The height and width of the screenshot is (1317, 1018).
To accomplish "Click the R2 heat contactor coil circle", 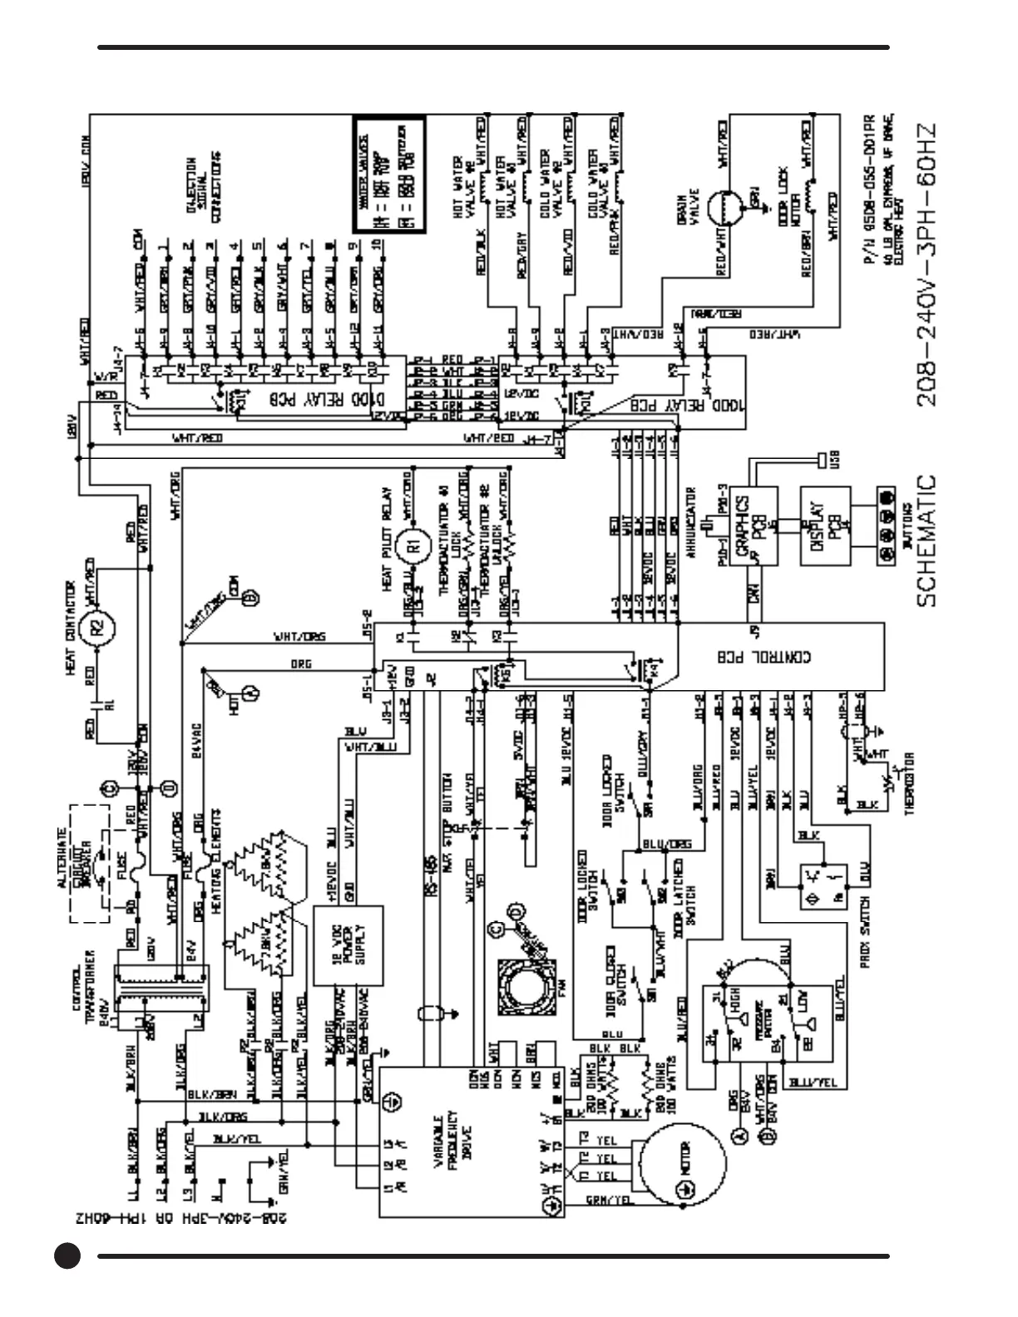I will [x=100, y=628].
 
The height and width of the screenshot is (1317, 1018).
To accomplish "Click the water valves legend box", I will [x=388, y=175].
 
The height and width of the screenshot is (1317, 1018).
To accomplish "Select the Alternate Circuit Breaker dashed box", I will [x=89, y=863].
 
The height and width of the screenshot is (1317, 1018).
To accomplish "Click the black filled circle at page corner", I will [x=68, y=1255].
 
